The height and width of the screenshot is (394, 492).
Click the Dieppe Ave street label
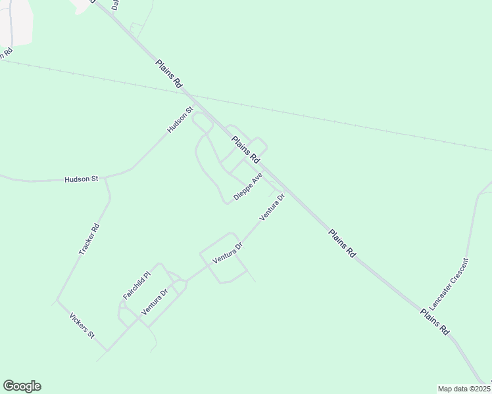pyautogui.click(x=248, y=187)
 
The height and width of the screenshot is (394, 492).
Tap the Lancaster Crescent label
pyautogui.click(x=449, y=285)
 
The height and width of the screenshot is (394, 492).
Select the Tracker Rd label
pyautogui.click(x=88, y=240)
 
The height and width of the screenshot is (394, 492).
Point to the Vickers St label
pyautogui.click(x=82, y=326)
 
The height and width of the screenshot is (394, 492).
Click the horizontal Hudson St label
pyautogui.click(x=81, y=179)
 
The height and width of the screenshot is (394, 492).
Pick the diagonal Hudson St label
pyautogui.click(x=179, y=120)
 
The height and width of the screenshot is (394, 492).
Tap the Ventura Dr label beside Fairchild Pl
pyautogui.click(x=155, y=301)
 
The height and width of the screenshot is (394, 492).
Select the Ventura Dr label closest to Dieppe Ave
pyautogui.click(x=272, y=207)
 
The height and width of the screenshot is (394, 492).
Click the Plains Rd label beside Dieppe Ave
pyautogui.click(x=245, y=150)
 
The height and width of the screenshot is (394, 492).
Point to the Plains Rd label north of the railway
pyautogui.click(x=169, y=74)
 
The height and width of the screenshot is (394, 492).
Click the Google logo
pyautogui.click(x=22, y=386)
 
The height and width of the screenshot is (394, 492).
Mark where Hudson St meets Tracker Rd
pyautogui.click(x=105, y=177)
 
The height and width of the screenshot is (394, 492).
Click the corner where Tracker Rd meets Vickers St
pyautogui.click(x=58, y=300)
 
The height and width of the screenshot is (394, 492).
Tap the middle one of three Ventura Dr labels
pyautogui.click(x=228, y=253)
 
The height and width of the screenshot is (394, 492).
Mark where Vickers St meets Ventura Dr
pyautogui.click(x=107, y=350)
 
